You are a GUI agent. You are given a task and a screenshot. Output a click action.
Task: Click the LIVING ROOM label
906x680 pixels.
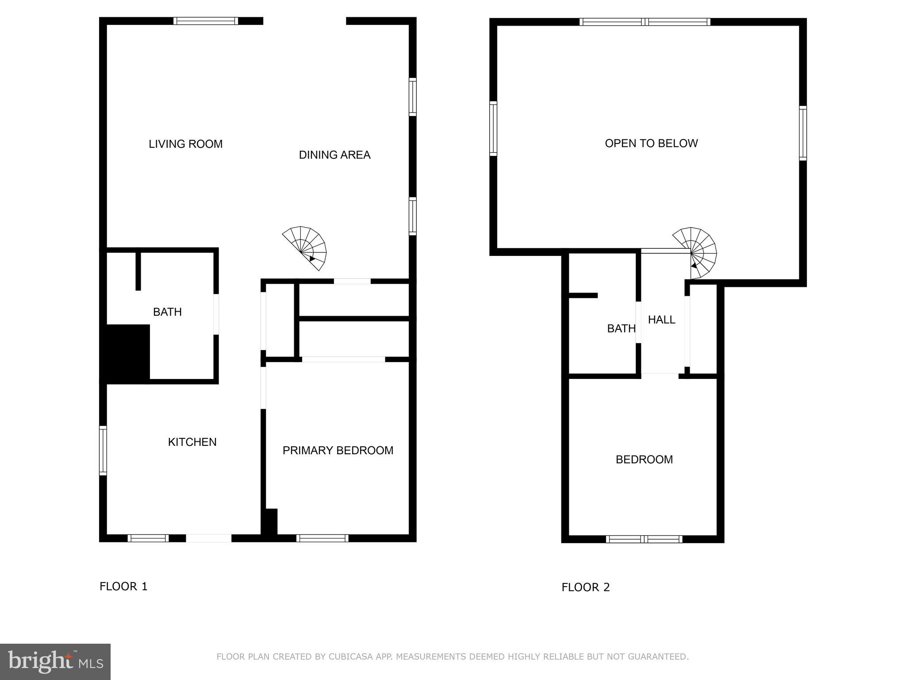(x=185, y=144)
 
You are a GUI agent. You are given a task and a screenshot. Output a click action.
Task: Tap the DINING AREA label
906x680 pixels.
(x=334, y=155)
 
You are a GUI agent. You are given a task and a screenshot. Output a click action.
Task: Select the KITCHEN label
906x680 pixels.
(x=192, y=442)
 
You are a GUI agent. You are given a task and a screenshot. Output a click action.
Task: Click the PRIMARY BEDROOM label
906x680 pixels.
(x=338, y=450)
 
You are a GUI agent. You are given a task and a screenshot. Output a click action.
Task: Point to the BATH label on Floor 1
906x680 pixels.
(x=167, y=312)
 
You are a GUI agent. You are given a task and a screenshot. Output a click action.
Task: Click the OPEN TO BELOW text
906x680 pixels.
(x=651, y=143)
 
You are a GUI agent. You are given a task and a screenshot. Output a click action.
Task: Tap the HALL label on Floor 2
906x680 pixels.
(x=661, y=320)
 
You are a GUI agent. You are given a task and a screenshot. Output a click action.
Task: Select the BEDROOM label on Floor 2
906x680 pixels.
(x=644, y=460)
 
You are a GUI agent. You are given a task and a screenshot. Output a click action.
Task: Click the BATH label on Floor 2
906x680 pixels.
(x=621, y=328)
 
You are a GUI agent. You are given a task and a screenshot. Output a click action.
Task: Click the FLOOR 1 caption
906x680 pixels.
(x=123, y=587)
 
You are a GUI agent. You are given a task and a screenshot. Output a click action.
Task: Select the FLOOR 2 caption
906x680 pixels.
(x=585, y=587)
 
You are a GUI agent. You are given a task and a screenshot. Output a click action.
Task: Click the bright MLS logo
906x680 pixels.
(x=55, y=661)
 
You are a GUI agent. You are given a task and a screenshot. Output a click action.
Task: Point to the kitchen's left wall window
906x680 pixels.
(x=103, y=451)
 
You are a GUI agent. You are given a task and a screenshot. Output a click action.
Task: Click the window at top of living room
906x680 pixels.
(x=206, y=21)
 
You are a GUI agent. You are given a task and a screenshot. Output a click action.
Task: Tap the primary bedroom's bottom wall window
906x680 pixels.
(x=322, y=538)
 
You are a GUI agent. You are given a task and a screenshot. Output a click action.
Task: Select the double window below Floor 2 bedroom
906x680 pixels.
(x=644, y=539)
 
